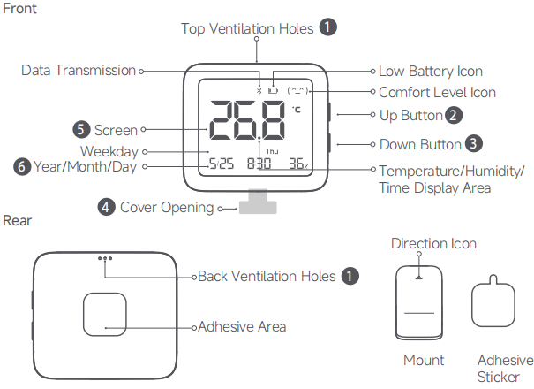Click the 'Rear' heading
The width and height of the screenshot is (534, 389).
18,219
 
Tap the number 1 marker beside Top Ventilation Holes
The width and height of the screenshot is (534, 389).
328,27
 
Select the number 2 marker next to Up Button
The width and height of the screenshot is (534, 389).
453,115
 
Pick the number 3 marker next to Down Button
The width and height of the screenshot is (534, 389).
474,142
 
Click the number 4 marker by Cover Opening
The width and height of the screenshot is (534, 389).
106,207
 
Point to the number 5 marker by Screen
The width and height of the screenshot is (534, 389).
82,130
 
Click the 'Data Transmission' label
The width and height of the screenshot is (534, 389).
79,70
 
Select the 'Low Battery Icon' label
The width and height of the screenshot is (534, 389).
430,71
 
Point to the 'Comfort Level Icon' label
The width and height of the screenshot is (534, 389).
437,92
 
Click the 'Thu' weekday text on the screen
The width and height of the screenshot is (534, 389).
271,151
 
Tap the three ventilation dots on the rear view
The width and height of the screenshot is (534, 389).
107,260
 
